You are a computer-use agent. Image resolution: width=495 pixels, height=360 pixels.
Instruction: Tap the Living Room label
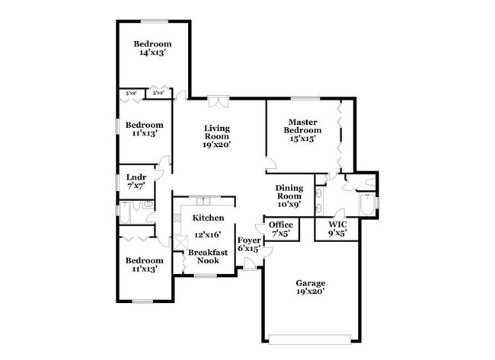tap(217, 131)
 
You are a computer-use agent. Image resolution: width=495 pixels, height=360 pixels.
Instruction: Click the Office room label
tap(281, 225)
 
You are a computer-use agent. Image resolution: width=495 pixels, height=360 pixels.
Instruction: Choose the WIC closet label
tap(337, 225)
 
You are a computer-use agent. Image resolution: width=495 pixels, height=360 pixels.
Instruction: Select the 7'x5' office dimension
tap(281, 234)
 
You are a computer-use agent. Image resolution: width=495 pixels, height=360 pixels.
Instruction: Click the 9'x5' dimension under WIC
tap(337, 234)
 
